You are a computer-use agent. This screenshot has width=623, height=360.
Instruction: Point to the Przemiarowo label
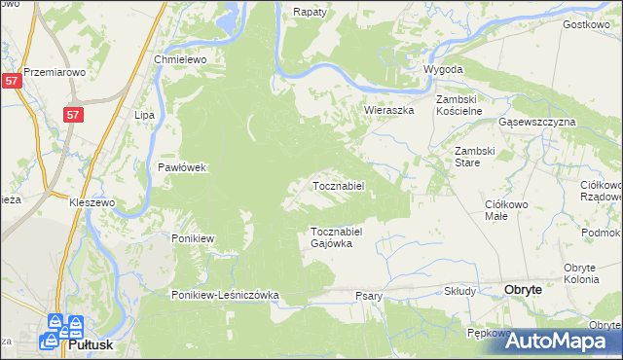click(55, 71)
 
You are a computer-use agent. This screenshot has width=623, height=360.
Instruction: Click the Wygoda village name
click(443, 70)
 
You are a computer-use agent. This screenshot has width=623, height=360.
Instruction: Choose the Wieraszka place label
click(389, 111)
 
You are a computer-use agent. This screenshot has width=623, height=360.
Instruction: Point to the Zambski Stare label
click(476, 157)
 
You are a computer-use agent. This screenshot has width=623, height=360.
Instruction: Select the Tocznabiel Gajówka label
click(337, 237)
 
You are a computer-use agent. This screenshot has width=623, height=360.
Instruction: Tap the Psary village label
click(369, 296)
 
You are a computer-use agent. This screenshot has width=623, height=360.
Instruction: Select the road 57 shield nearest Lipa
click(74, 115)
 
